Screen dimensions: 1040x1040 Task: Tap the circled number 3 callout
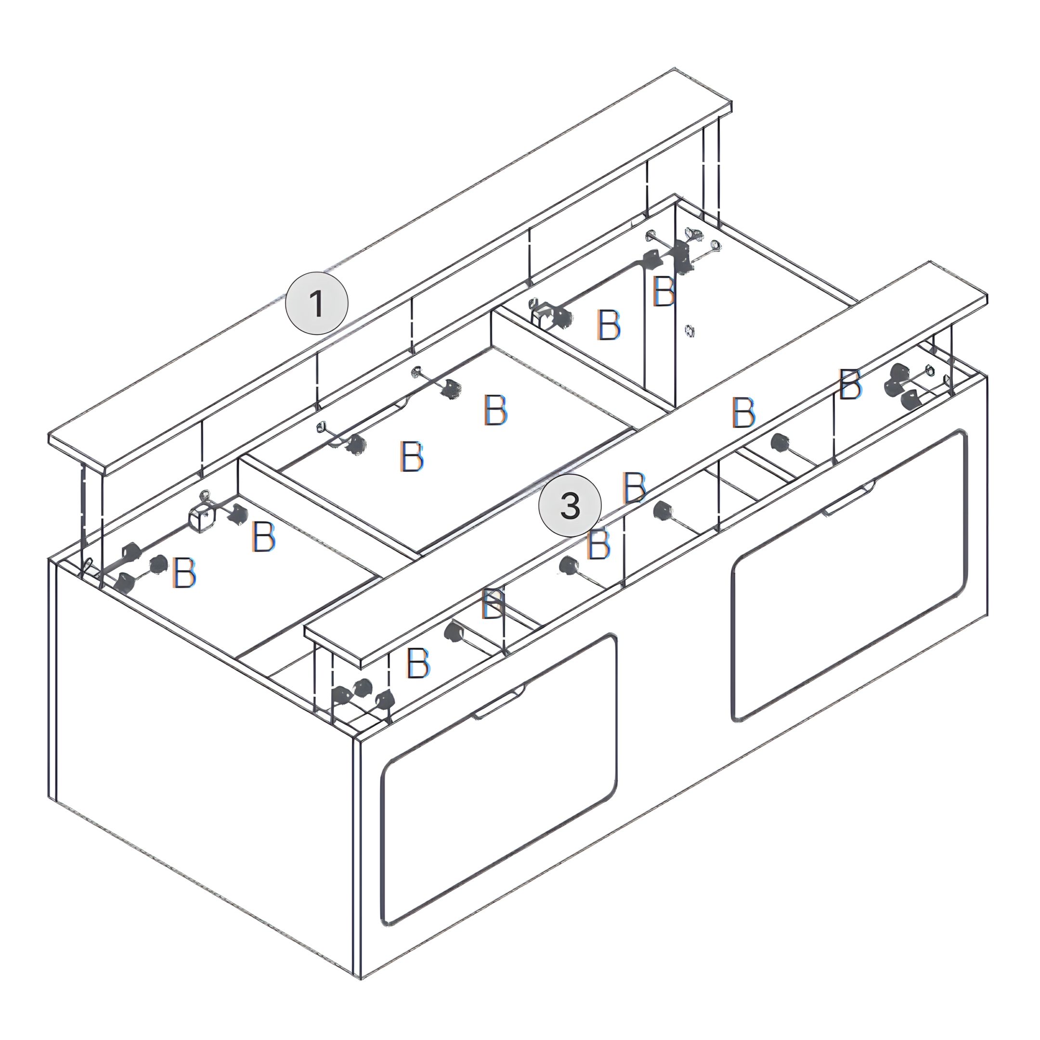tap(570, 507)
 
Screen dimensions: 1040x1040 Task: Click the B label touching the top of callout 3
tap(634, 487)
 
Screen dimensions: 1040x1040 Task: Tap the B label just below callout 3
tap(598, 544)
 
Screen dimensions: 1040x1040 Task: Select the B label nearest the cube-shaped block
tap(264, 536)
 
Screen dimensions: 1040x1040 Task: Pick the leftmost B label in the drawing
tap(184, 572)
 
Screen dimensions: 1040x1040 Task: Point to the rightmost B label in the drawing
tap(850, 384)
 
